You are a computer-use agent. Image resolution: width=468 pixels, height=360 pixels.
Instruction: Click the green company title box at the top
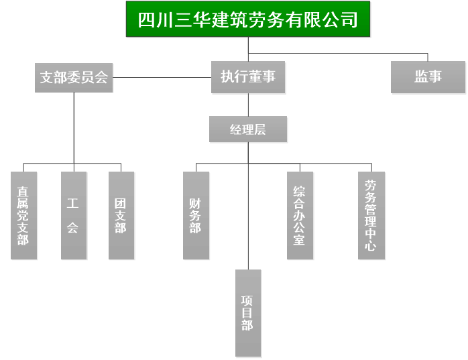(247, 19)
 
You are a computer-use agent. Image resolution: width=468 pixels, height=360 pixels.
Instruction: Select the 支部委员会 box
(74, 77)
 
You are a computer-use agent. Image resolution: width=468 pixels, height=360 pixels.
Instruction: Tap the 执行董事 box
(248, 77)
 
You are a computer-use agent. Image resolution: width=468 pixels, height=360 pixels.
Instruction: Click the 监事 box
(428, 77)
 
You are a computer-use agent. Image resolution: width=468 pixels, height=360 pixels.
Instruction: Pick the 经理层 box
(248, 129)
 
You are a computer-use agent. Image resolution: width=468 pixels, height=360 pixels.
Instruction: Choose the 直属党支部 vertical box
(23, 215)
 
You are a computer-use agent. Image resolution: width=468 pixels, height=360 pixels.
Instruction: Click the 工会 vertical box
(73, 215)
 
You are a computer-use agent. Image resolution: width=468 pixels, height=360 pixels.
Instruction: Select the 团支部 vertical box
(121, 215)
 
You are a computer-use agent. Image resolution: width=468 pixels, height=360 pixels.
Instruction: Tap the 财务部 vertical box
(196, 215)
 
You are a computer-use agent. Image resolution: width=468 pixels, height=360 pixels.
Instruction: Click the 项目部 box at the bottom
(247, 313)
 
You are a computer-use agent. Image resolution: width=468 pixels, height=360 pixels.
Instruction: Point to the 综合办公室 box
(300, 215)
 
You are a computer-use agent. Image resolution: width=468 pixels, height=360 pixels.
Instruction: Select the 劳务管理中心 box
(371, 215)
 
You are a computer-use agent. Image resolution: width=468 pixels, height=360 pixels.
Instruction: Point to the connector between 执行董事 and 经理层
(248, 104)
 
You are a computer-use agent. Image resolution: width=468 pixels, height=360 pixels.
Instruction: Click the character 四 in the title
(145, 19)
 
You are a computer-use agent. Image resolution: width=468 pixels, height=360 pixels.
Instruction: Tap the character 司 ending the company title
(349, 19)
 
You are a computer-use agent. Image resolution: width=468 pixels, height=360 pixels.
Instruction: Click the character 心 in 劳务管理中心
(371, 246)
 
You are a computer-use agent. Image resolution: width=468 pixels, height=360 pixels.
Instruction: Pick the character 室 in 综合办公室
(300, 240)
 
